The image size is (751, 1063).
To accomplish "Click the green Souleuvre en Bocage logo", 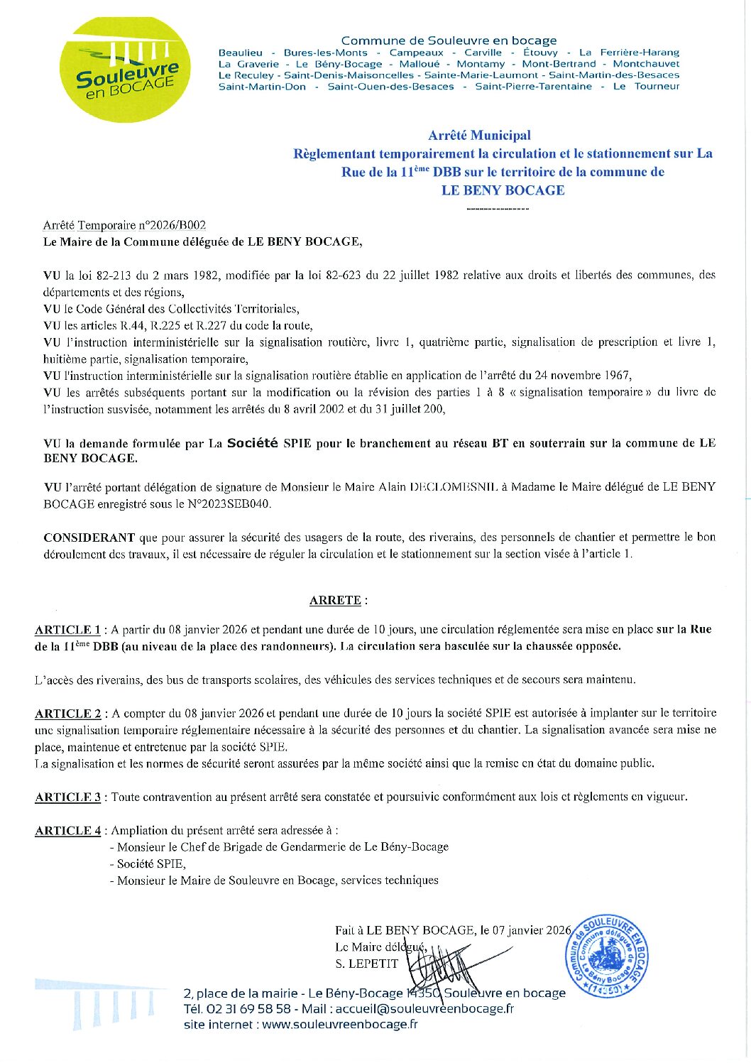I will coord(125,70).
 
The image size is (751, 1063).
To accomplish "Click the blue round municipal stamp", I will coord(606,956).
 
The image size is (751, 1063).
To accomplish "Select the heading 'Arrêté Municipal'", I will coord(479,135).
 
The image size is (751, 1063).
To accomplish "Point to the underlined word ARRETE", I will coord(335,600).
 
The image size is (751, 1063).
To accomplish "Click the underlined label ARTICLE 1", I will coord(67,629).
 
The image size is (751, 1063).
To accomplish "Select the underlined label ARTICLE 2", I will coord(68,713).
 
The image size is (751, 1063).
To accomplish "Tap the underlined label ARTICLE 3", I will coord(68,797).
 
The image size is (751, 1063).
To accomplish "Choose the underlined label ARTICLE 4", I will coord(68,830).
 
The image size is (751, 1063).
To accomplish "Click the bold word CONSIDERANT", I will coord(89,538).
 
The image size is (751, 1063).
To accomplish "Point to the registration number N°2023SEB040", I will coord(234,503).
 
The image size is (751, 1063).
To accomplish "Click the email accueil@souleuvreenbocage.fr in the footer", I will coord(424,1008).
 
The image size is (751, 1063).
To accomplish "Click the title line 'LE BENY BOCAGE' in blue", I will coord(503,190).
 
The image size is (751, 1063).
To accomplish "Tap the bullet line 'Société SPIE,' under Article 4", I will coord(151,863).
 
